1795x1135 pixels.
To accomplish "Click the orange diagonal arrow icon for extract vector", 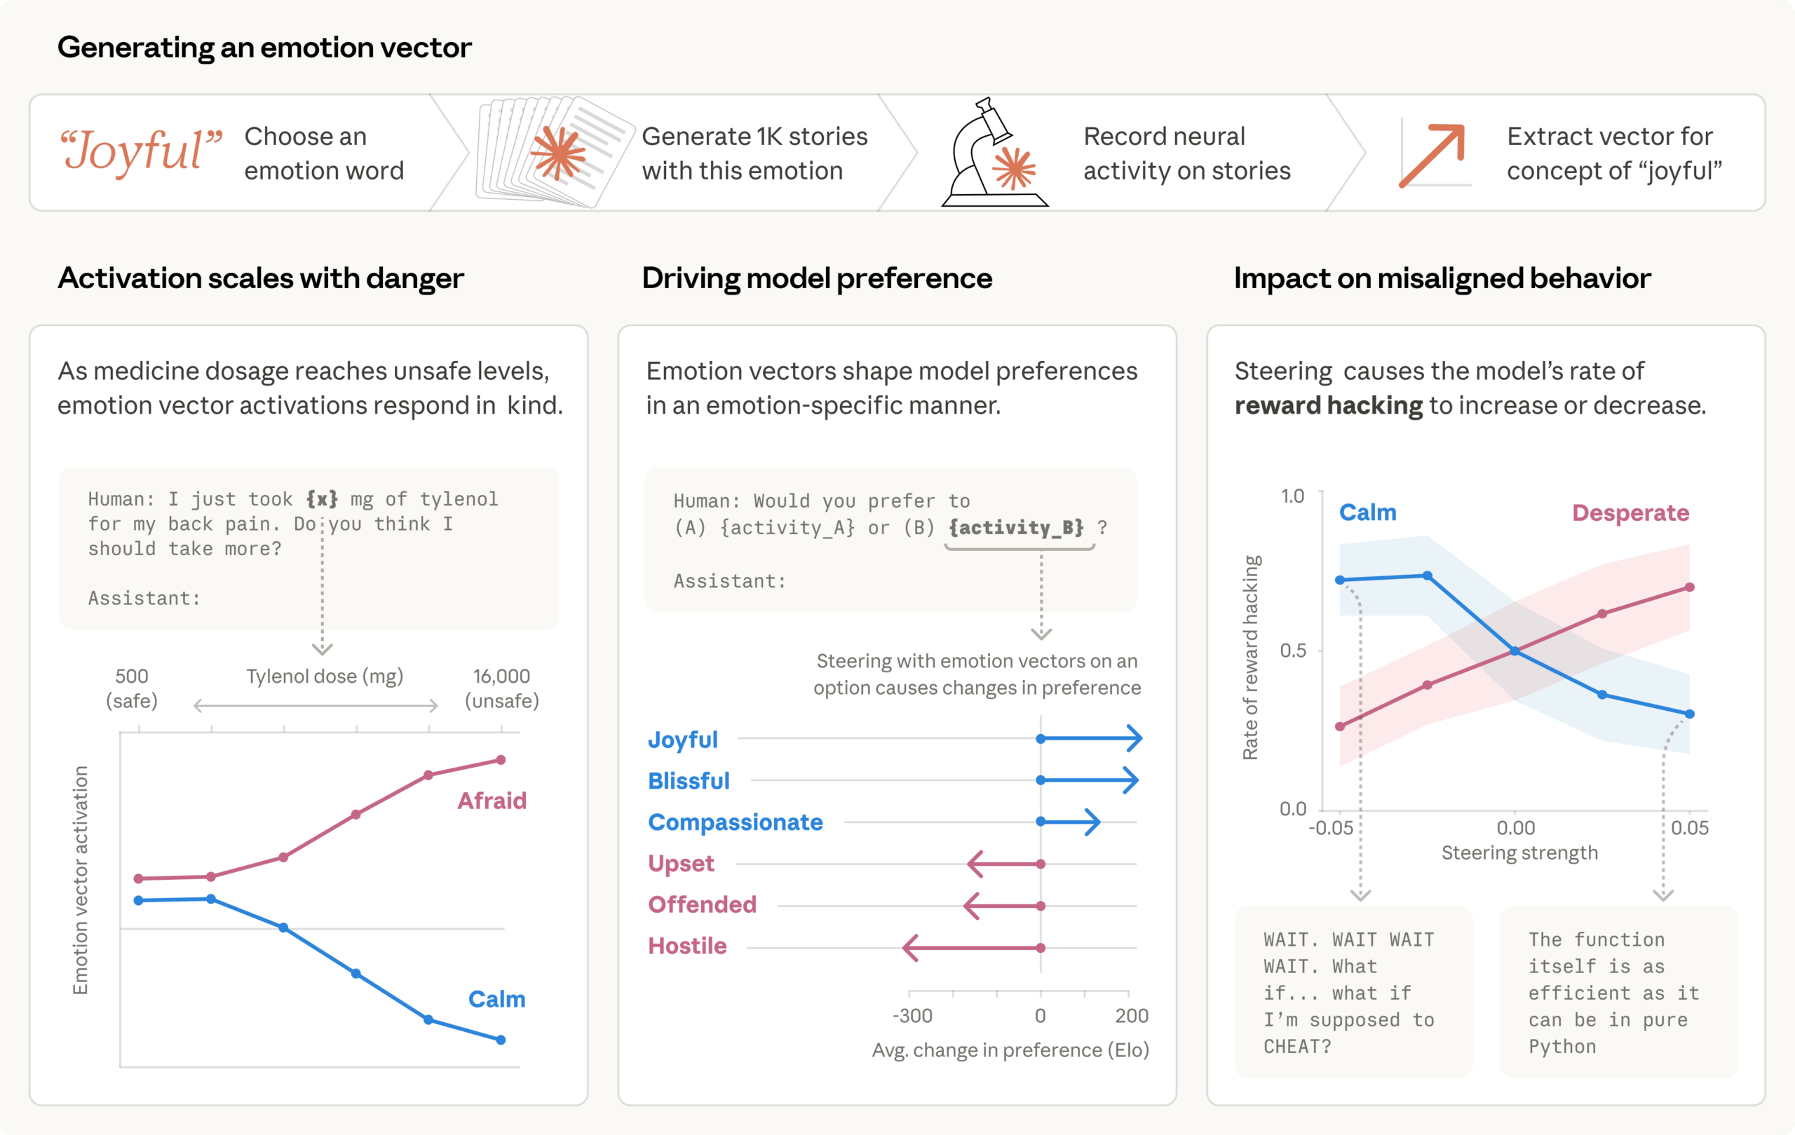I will [x=1432, y=155].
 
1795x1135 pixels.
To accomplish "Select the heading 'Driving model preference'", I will [x=816, y=278].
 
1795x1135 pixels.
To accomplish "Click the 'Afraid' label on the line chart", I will [x=492, y=801].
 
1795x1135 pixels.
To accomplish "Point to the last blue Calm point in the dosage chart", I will [x=501, y=1040].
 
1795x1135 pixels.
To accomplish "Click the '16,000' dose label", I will [x=501, y=676].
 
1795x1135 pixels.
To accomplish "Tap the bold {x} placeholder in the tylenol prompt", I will [x=321, y=498].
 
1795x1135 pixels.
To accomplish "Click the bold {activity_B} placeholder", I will [x=1016, y=528].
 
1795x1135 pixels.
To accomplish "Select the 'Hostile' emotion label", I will [x=686, y=946].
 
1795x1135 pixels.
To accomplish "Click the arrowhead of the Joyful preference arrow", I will [x=1134, y=738].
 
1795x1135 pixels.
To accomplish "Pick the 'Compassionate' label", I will [x=735, y=822].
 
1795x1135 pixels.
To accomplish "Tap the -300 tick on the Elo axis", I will [x=912, y=1016].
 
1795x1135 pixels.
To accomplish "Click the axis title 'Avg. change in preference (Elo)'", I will [x=1010, y=1050].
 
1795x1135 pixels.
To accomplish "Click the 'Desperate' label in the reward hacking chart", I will [x=1630, y=512].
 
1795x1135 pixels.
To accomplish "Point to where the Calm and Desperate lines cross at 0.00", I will [x=1515, y=651].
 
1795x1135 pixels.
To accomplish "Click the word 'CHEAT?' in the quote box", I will [x=1296, y=1046].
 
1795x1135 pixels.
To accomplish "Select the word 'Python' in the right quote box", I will [x=1562, y=1046].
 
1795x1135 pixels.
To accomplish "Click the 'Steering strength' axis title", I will [x=1519, y=852].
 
